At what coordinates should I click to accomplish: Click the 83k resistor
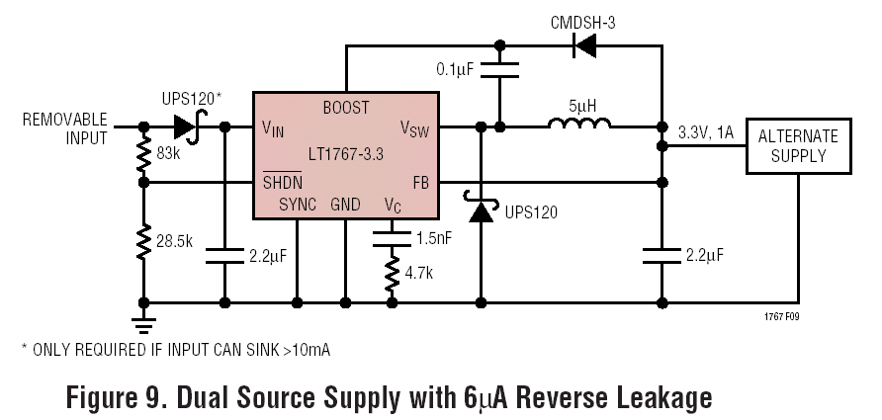coord(144,154)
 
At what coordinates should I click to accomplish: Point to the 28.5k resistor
coord(144,243)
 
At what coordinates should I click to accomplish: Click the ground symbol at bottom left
coord(144,318)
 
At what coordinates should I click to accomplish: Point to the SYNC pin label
coord(298,206)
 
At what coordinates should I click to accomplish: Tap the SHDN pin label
coord(284,182)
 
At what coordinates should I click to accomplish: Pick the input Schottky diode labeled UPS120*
coord(186,126)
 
